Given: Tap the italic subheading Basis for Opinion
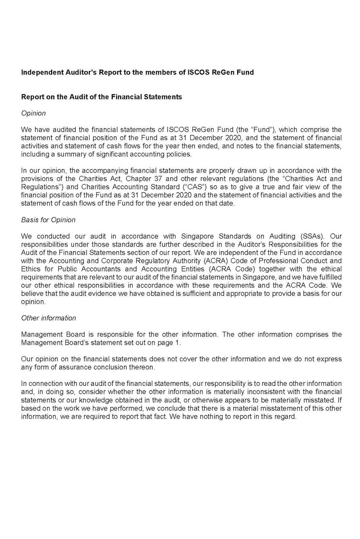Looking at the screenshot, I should pos(48,219).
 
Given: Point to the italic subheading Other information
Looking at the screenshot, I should pos(49,318).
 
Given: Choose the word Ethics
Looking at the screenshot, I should pos(31,269).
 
